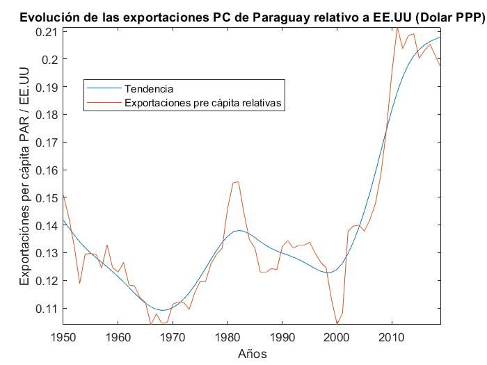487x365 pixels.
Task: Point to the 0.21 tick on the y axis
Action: [x=47, y=32]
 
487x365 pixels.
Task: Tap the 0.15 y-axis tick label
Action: [x=47, y=197]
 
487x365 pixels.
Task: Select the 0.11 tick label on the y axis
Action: [x=47, y=308]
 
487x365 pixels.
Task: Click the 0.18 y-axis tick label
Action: [x=47, y=115]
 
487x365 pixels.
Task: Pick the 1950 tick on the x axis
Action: [x=63, y=337]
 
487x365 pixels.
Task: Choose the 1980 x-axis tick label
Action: [x=227, y=337]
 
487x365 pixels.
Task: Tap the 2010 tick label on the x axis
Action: [x=392, y=337]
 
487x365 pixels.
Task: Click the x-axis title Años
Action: [x=252, y=353]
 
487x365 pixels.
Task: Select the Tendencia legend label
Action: [x=149, y=89]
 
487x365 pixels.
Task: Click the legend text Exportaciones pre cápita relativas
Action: [x=206, y=103]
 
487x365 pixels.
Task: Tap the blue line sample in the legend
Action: [x=103, y=89]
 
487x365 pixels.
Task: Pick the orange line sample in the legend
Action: [x=103, y=103]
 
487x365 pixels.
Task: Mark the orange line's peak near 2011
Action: [x=397, y=27]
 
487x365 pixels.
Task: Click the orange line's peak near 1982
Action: [x=237, y=181]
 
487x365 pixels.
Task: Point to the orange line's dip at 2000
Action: [x=337, y=324]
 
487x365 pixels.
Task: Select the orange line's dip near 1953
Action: [x=79, y=283]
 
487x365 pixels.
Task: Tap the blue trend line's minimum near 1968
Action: [x=161, y=310]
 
